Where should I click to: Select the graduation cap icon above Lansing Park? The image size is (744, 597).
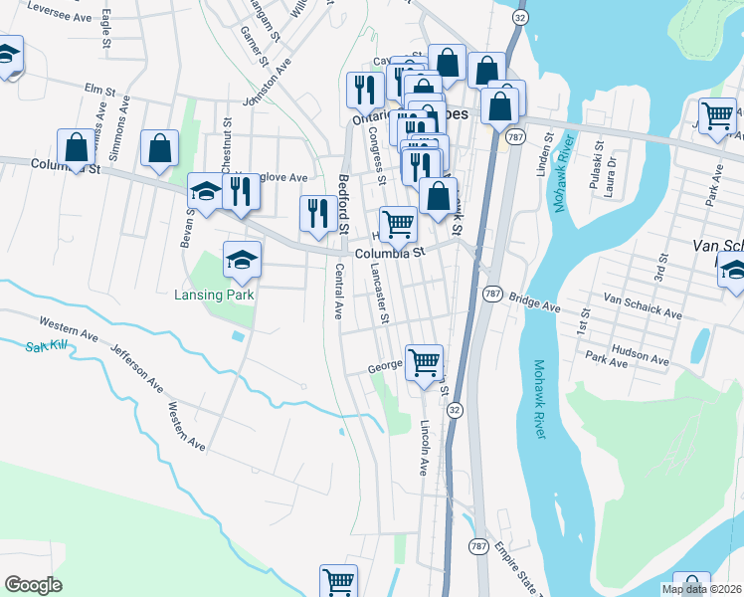242,261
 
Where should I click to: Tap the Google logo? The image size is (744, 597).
33,585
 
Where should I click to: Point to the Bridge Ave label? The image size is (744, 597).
529,298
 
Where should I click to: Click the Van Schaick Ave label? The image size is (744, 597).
643,306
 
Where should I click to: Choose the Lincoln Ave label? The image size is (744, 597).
425,447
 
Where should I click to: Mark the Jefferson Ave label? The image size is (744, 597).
135,365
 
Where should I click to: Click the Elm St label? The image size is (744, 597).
94,90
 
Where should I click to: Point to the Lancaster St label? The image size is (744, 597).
378,295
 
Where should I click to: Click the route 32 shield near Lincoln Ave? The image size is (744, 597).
455,410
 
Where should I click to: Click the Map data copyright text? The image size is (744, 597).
702,589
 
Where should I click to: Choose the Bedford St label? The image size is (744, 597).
342,204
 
